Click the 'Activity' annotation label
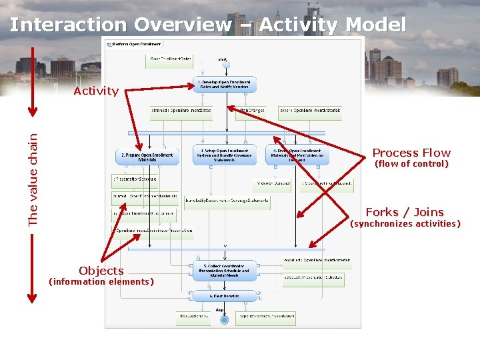tap(96, 91)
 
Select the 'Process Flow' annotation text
tap(411, 153)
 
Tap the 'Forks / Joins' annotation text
tap(405, 212)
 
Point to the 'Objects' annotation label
tap(101, 270)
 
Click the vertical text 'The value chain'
tap(33, 179)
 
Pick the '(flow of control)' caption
tap(411, 164)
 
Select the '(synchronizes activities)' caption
tap(405, 224)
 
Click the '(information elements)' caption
tap(101, 281)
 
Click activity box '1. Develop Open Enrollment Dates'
tap(225, 85)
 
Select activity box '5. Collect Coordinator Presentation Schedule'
tap(225, 271)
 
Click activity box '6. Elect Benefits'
tap(225, 296)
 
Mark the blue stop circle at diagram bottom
tap(224, 320)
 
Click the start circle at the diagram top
tap(225, 65)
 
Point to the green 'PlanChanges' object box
tap(250, 110)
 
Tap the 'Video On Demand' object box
tap(272, 183)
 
